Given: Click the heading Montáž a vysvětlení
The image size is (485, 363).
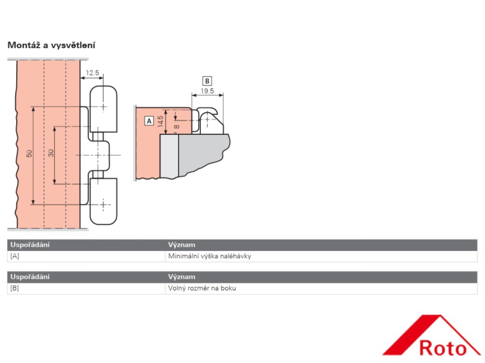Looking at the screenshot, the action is click(x=52, y=45).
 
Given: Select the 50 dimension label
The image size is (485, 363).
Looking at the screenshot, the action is click(x=29, y=154).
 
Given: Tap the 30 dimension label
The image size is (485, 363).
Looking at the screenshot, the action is click(x=51, y=153).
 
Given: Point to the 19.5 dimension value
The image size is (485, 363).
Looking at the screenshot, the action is click(x=207, y=91).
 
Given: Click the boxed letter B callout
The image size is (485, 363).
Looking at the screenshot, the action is click(x=207, y=80).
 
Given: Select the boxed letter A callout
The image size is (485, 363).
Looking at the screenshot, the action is click(x=149, y=121).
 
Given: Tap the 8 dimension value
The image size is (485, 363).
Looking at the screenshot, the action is click(x=176, y=126).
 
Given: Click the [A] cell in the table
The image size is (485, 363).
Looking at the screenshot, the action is click(x=15, y=257).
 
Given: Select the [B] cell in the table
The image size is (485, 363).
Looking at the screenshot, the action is click(x=15, y=288).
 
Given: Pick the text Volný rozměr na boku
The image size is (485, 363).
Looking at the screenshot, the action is click(x=202, y=288).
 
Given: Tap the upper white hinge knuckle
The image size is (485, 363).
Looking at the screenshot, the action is click(x=103, y=109).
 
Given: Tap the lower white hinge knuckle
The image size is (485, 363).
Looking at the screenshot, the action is click(x=103, y=201).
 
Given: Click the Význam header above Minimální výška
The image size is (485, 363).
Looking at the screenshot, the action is click(x=181, y=245).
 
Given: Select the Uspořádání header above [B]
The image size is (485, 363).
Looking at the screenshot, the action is click(x=30, y=277).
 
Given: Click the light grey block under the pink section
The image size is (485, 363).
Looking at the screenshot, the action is click(x=169, y=156).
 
